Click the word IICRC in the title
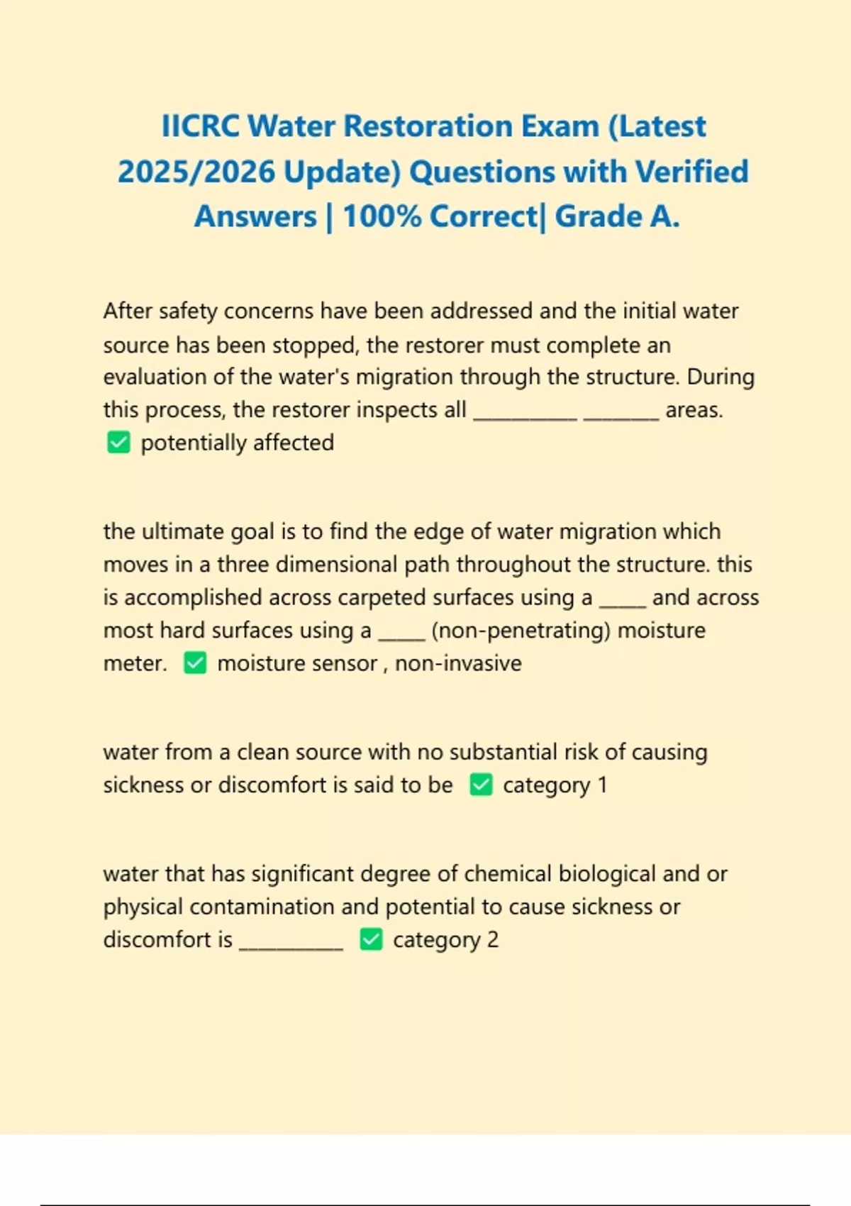pos(201,126)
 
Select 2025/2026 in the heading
pos(196,172)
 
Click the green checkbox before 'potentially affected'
pos(118,443)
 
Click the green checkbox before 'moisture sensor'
pos(195,663)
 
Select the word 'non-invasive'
pos(458,663)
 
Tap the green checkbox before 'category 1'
pos(481,785)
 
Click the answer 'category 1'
pos(555,785)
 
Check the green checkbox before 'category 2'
pos(371,940)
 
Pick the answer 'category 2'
pos(445,940)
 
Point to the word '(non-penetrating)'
pos(521,631)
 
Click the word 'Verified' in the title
pos(691,172)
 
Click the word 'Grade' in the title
pos(598,216)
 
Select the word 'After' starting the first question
pos(128,311)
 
